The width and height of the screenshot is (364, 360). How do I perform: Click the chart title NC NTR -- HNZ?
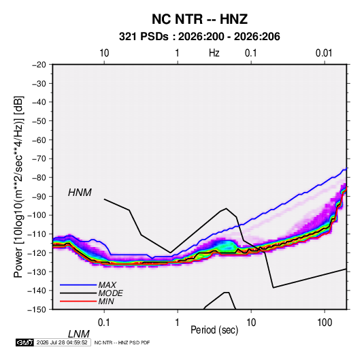click(199, 19)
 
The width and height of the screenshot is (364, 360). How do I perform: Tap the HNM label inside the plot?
click(80, 193)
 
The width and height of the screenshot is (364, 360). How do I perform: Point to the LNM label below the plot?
click(79, 334)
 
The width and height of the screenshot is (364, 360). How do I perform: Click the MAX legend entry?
click(107, 284)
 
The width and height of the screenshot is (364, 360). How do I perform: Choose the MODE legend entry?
click(110, 293)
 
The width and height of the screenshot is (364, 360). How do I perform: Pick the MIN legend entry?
click(106, 301)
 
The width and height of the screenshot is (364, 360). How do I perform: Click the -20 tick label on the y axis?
click(39, 65)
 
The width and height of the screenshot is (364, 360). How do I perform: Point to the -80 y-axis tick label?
click(39, 178)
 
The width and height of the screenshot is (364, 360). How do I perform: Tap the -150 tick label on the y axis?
click(37, 310)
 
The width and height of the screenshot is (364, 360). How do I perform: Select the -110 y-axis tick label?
click(37, 234)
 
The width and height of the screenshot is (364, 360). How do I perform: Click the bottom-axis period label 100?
click(325, 323)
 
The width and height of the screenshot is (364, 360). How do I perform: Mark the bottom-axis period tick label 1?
click(178, 323)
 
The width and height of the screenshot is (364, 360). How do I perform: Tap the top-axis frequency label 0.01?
click(324, 53)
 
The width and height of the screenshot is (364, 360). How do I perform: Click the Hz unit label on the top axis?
click(214, 53)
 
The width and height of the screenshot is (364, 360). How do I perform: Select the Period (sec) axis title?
click(214, 330)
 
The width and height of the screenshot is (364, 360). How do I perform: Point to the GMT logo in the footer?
click(24, 342)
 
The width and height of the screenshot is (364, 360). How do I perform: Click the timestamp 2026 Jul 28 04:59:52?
click(62, 342)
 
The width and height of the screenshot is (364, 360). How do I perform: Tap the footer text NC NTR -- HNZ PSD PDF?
click(122, 342)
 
